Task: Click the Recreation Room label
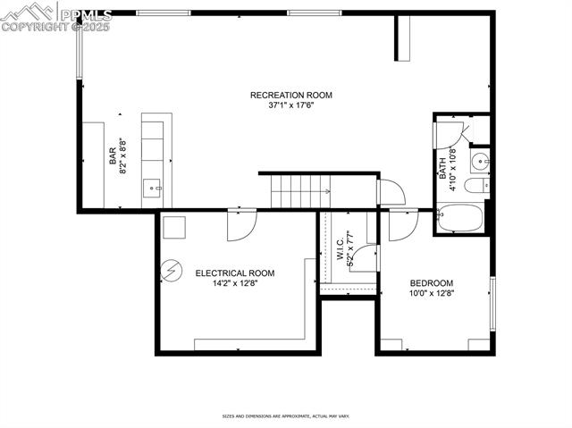point(290,95)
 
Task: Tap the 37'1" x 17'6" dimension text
point(290,105)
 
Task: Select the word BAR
point(113,155)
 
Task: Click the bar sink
point(152,188)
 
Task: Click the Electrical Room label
point(234,273)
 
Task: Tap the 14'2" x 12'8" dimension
point(234,284)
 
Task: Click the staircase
point(300,190)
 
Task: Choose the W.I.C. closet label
point(341,248)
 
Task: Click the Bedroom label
point(432,282)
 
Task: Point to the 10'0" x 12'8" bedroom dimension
point(432,293)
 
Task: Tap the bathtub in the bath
point(459,217)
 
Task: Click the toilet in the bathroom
point(478,186)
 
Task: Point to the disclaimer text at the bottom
point(286,415)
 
